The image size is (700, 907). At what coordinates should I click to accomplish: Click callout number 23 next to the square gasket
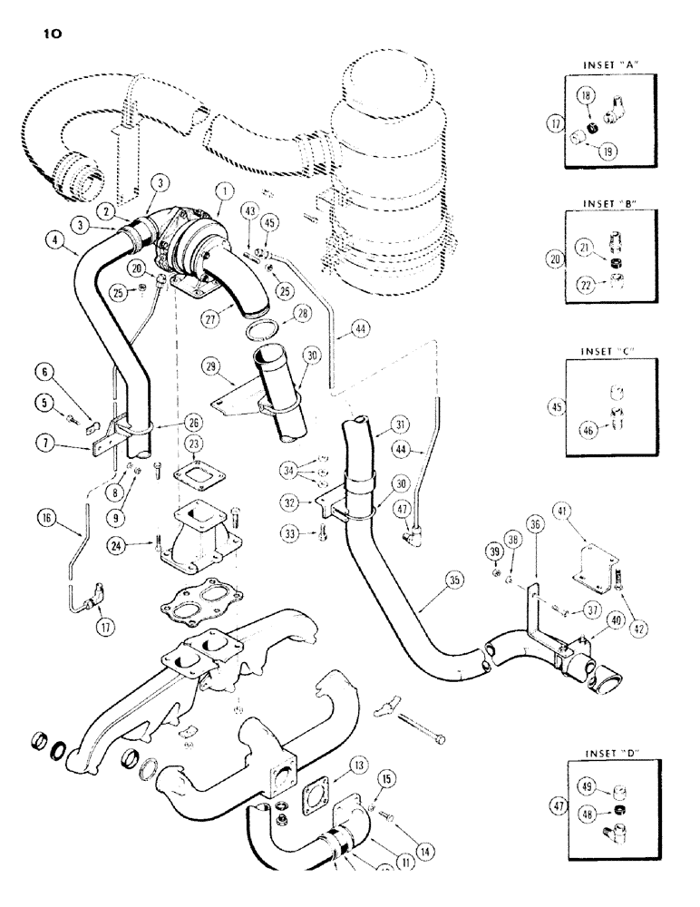click(x=193, y=444)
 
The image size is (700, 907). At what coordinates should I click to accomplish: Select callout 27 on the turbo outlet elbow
click(x=214, y=319)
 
